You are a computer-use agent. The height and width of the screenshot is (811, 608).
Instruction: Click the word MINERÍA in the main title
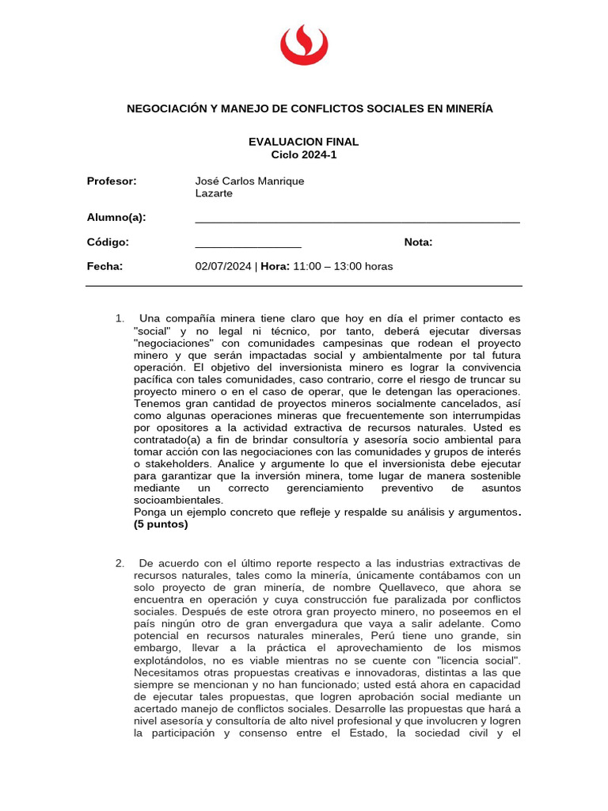click(x=463, y=109)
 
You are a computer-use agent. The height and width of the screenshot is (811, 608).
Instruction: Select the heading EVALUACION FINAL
click(x=303, y=142)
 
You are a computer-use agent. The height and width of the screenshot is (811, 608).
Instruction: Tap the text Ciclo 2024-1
click(x=303, y=154)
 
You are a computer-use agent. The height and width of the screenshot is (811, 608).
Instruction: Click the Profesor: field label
click(x=112, y=181)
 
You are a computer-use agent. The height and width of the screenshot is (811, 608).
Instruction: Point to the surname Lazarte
click(x=214, y=193)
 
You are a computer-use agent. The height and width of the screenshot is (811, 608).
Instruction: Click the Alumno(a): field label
click(x=116, y=218)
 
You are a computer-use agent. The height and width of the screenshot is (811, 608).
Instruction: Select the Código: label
click(x=108, y=242)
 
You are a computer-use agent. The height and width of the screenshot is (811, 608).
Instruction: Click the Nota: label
click(x=418, y=242)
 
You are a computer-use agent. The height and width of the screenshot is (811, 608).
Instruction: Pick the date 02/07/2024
click(x=222, y=266)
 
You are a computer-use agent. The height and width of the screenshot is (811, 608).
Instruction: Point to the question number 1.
click(x=120, y=319)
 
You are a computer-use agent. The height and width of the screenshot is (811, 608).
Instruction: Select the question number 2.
click(x=120, y=563)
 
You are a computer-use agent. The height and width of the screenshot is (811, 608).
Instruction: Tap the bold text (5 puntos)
click(x=161, y=524)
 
